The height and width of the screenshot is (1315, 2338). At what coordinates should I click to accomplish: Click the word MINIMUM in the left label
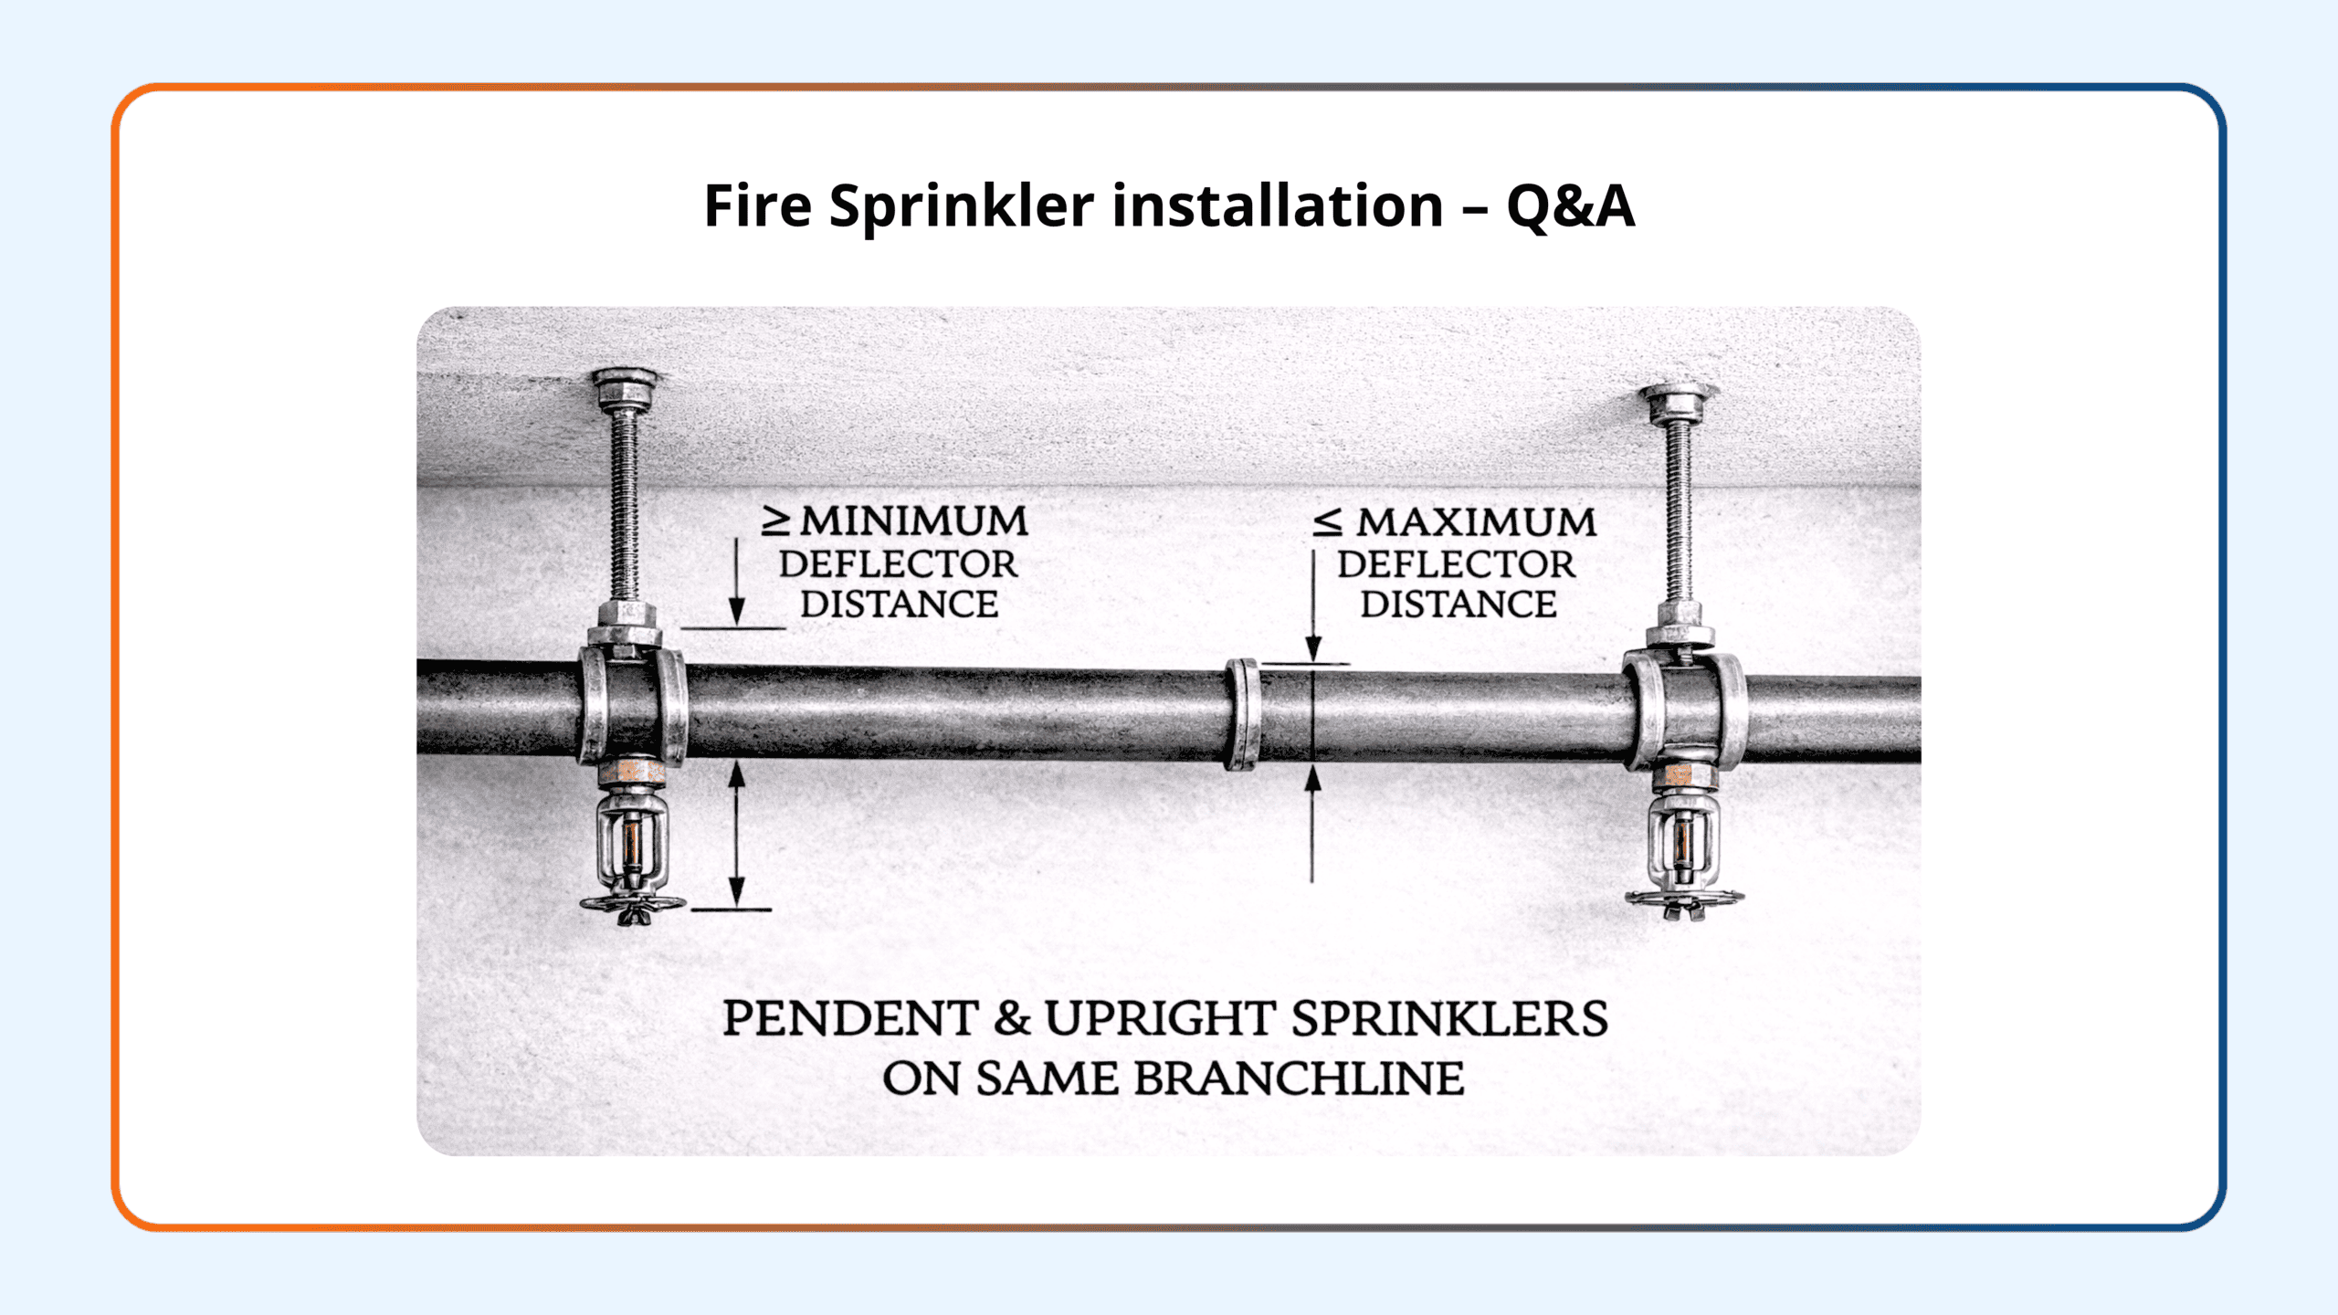(914, 521)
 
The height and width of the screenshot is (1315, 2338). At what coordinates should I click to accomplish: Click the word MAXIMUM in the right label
(1476, 522)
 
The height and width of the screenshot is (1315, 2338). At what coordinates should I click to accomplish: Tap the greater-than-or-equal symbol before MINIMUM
(776, 521)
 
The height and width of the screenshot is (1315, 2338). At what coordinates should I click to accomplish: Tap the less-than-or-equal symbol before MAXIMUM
(1327, 522)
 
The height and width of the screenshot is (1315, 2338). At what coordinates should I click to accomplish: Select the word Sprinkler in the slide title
(961, 207)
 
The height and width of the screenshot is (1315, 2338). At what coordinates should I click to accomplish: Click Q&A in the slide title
(1570, 205)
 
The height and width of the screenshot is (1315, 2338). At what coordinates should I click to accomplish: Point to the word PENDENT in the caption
(849, 1018)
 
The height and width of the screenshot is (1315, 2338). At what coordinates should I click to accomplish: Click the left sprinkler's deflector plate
(632, 905)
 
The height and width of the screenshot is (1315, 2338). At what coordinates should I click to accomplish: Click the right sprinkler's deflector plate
(1684, 899)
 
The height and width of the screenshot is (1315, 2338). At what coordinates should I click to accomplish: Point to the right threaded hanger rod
(1679, 512)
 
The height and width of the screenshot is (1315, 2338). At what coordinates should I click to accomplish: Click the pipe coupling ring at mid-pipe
(1242, 714)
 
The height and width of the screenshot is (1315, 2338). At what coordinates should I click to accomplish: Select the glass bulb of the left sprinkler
(631, 844)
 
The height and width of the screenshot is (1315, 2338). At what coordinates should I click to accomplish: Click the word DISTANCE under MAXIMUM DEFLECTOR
(1459, 605)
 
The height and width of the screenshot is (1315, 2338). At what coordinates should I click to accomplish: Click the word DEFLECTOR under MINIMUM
(898, 564)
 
